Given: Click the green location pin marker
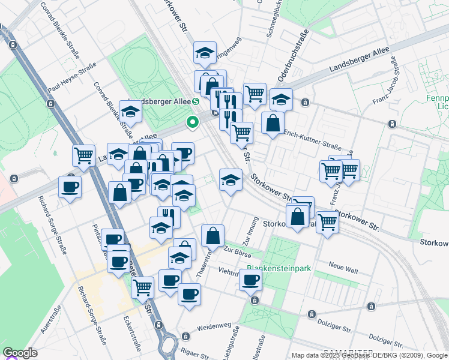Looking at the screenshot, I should tap(193, 122).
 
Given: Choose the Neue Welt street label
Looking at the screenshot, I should tap(344, 265).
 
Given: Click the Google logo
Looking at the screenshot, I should tap(20, 353).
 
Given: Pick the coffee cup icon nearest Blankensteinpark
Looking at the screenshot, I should tap(250, 279).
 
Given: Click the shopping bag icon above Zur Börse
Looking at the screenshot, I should tap(212, 236).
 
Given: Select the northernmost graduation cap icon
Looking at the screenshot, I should tap(205, 53).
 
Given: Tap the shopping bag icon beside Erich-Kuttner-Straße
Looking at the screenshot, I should tap(273, 123).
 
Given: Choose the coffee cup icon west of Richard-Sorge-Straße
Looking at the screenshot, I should tap(70, 187).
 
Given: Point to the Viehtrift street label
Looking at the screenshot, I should tap(230, 271).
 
